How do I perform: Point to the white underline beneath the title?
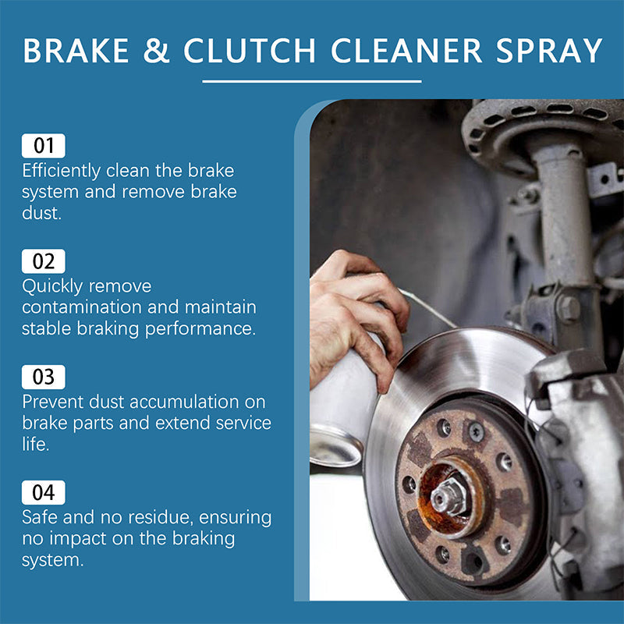(x=311, y=80)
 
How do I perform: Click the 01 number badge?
(x=44, y=146)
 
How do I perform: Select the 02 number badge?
(x=44, y=261)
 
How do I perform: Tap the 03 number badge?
(x=44, y=377)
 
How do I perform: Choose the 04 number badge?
(x=44, y=493)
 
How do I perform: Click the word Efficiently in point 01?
(x=61, y=170)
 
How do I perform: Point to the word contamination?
(x=88, y=307)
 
